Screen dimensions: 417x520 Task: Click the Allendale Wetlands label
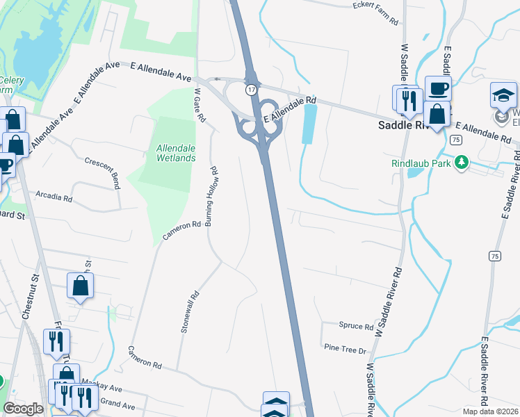(x=176, y=153)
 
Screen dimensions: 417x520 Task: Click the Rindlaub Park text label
(x=421, y=164)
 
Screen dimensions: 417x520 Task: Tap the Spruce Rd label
(x=356, y=326)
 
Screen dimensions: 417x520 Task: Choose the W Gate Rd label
(x=199, y=105)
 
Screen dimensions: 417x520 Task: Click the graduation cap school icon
(x=504, y=95)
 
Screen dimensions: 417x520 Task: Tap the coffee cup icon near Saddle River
(x=438, y=88)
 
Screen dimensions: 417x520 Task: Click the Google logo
(x=24, y=409)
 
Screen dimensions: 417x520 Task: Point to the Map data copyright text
(x=490, y=411)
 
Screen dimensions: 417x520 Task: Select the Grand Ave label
(x=117, y=402)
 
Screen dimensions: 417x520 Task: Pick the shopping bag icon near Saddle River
(x=437, y=115)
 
